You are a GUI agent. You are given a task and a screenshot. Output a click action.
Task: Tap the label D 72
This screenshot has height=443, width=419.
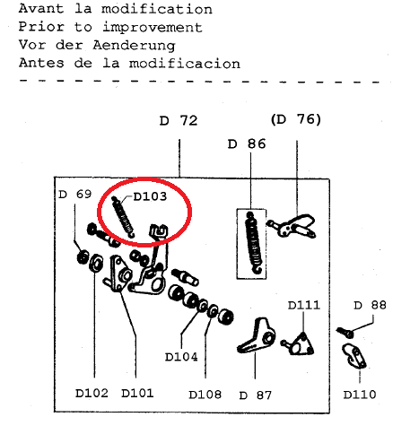click(x=179, y=121)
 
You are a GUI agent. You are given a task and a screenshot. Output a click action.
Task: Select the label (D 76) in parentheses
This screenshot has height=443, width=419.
click(x=296, y=119)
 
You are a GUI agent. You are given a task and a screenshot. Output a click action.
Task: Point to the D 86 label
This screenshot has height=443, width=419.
click(x=247, y=144)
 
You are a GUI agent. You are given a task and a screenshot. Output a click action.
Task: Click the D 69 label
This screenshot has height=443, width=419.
click(x=75, y=195)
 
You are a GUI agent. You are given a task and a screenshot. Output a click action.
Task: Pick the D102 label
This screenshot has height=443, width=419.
click(x=92, y=393)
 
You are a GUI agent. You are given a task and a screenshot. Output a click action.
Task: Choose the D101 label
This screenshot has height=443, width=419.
click(x=137, y=393)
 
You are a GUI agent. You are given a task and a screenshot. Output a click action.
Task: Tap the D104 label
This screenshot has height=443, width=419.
click(x=181, y=357)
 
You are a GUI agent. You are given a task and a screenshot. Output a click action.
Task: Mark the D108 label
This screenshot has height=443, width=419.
click(x=205, y=395)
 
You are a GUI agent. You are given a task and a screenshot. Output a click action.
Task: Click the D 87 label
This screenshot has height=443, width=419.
click(x=256, y=395)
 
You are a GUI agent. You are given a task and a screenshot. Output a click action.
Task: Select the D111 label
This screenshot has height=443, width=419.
click(x=304, y=305)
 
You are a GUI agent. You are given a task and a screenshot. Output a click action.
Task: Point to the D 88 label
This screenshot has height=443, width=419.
click(x=370, y=305)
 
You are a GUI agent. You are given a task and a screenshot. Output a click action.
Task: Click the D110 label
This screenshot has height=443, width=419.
click(x=360, y=395)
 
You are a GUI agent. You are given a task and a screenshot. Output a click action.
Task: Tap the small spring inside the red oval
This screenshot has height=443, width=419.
click(x=123, y=217)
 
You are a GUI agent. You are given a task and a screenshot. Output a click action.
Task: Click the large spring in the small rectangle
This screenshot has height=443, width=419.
click(x=254, y=243)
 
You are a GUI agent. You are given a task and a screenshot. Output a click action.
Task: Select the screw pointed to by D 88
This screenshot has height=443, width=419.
click(x=345, y=332)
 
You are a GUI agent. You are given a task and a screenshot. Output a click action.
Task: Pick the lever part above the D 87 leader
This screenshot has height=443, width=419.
click(x=257, y=336)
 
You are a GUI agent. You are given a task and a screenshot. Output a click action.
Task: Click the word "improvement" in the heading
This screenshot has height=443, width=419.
click(x=153, y=28)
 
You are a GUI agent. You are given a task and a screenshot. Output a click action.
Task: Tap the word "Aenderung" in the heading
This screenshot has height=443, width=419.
click(x=134, y=46)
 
